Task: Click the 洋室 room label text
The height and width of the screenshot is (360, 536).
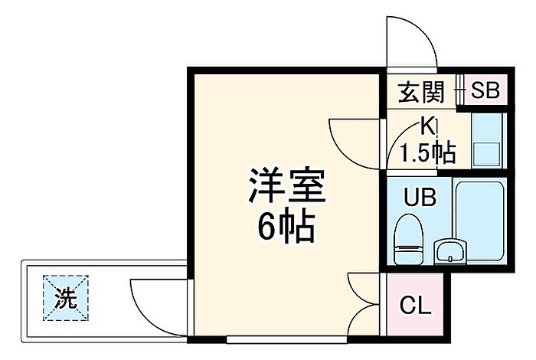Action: (x=287, y=185)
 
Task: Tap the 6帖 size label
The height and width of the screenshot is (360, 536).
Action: (x=286, y=226)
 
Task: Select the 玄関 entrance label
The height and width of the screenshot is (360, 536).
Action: (x=421, y=92)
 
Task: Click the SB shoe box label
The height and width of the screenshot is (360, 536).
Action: (x=485, y=90)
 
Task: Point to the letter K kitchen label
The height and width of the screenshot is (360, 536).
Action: (x=428, y=127)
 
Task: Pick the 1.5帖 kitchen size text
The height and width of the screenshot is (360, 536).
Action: (x=428, y=152)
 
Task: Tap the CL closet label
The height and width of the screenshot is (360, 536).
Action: (x=415, y=306)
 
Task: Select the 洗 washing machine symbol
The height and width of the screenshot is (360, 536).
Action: (x=66, y=298)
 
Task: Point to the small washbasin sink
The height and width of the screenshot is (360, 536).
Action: (x=450, y=252)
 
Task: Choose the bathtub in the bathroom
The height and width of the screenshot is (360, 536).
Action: (x=480, y=221)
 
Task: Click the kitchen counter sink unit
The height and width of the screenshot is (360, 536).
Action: (x=487, y=140)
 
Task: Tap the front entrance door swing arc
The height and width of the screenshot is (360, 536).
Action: (x=412, y=41)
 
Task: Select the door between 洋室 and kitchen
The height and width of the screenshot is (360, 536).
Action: (x=355, y=143)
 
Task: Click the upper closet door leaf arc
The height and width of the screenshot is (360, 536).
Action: (x=364, y=288)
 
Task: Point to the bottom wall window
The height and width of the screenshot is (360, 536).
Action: (x=286, y=340)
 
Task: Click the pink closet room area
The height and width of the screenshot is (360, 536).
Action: (x=415, y=305)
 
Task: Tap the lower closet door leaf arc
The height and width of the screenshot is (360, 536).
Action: (x=364, y=320)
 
